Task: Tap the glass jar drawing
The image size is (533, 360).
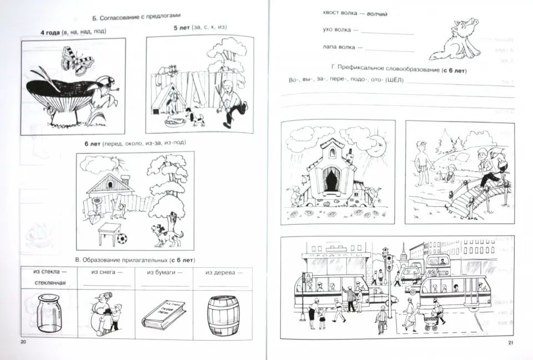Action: click(49, 313)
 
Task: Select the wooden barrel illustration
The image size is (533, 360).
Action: click(223, 316)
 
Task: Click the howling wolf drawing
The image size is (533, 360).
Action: click(455, 40)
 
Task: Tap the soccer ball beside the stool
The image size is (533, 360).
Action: click(122, 239)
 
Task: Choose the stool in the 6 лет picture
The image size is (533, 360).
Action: click(109, 234)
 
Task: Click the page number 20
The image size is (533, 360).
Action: click(23, 342)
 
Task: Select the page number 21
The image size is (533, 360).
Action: click(510, 343)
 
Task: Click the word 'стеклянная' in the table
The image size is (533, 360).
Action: click(50, 282)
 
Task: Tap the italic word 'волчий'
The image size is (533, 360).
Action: click(377, 14)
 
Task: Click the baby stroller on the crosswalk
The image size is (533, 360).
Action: click(431, 322)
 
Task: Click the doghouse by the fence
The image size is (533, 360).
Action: click(169, 99)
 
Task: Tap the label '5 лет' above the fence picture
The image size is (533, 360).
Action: click(182, 28)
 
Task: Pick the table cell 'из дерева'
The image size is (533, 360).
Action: click(223, 278)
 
